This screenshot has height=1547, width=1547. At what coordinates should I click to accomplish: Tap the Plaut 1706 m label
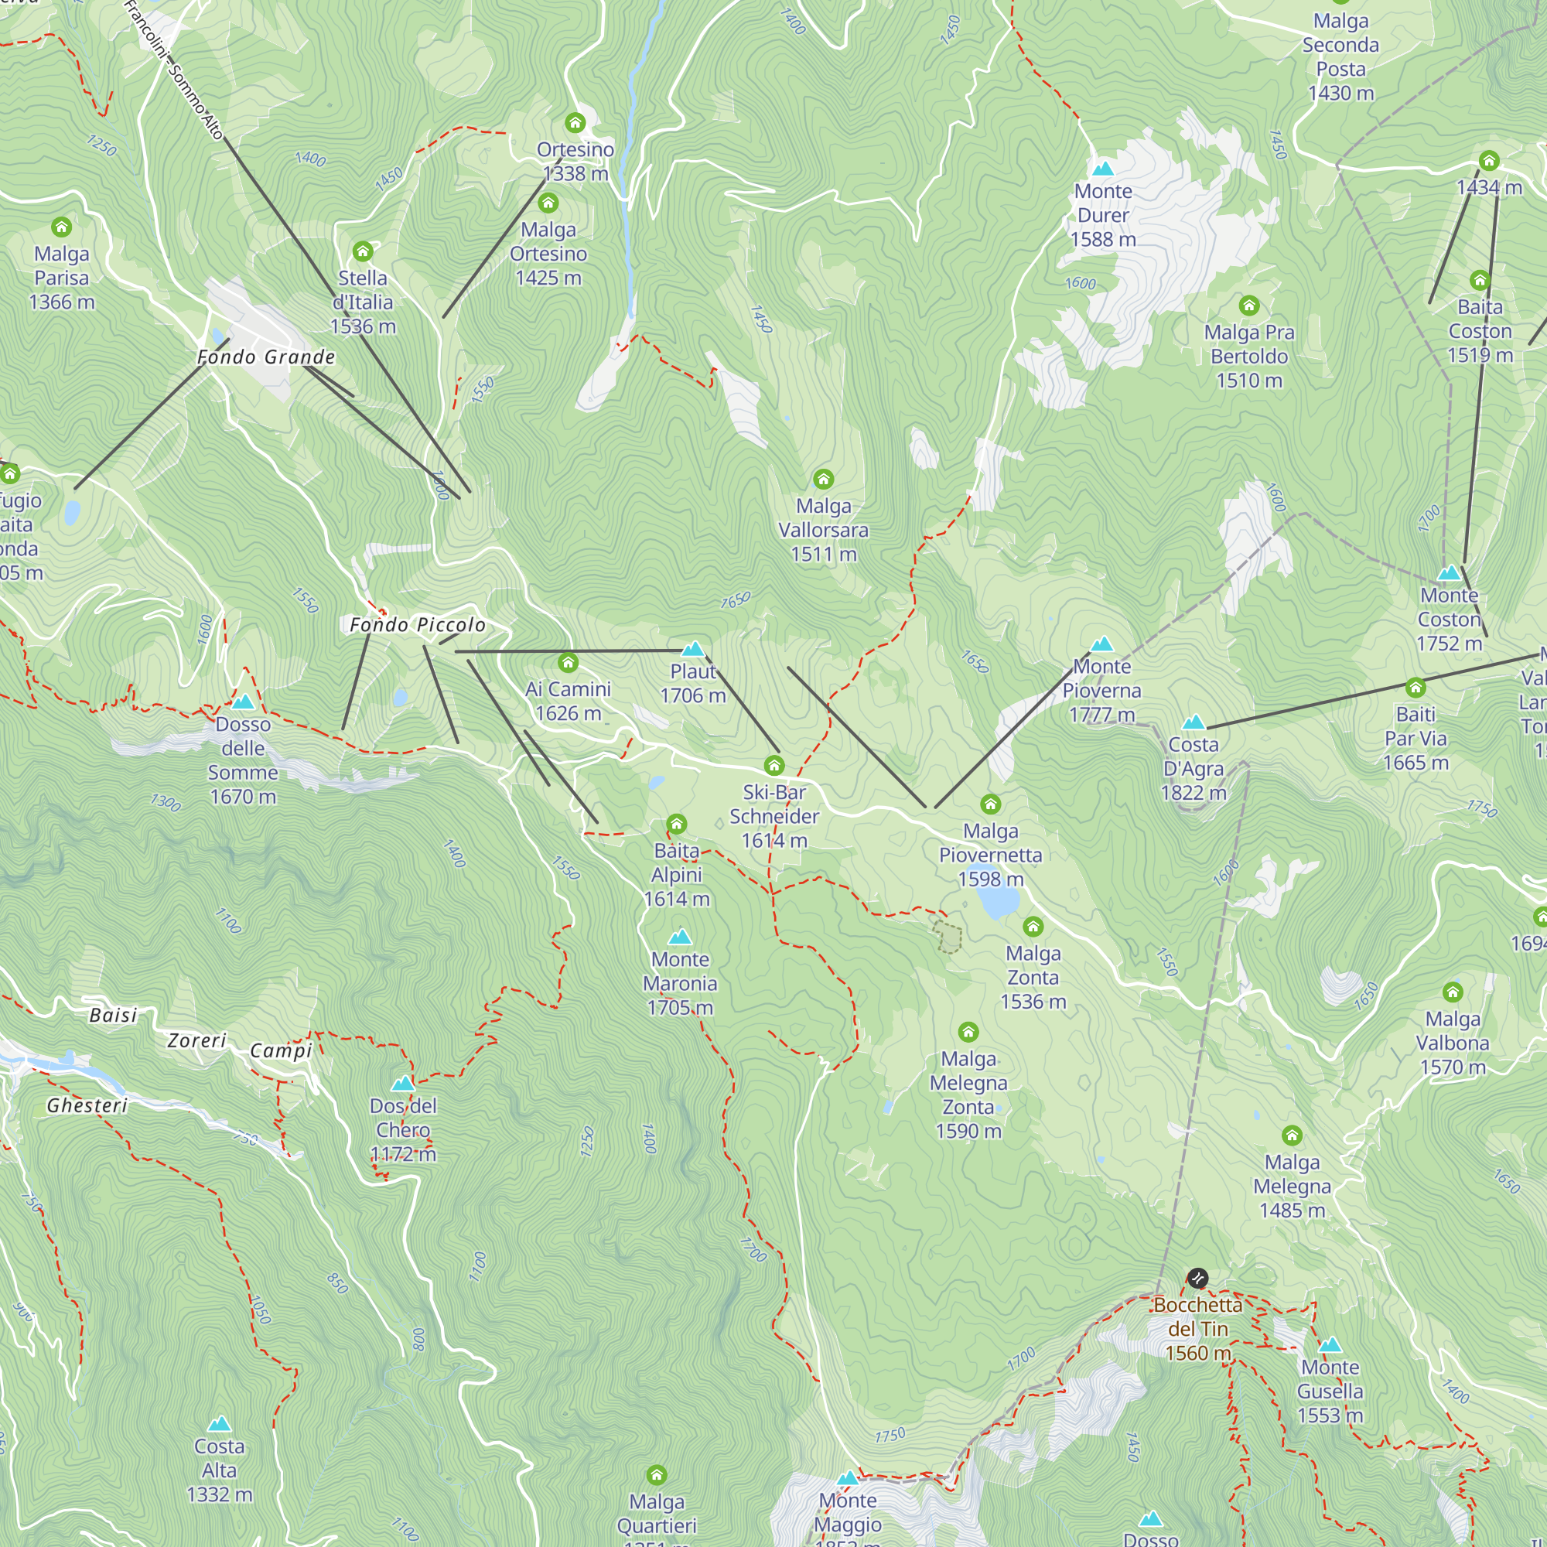[692, 683]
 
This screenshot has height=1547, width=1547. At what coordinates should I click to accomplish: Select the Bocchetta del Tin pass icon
[1197, 1278]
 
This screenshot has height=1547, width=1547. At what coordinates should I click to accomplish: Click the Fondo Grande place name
[266, 357]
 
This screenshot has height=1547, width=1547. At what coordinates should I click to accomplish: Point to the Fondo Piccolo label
[417, 625]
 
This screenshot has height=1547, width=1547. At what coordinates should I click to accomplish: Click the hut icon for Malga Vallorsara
[823, 480]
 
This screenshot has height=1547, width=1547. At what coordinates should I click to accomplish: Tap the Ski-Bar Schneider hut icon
[773, 766]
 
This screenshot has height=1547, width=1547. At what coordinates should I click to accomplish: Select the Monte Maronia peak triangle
[680, 937]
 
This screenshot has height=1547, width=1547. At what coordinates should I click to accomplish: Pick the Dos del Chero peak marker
[403, 1084]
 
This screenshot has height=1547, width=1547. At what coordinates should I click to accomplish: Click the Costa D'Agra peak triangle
[1193, 722]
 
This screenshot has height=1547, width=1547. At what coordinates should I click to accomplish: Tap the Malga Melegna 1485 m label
[1292, 1186]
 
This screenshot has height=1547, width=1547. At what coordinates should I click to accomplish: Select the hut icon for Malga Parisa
[62, 227]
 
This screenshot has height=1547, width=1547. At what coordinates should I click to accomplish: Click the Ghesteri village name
[87, 1106]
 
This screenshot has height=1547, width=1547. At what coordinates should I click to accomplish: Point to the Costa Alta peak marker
[220, 1425]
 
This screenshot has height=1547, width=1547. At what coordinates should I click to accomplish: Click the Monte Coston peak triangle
[1450, 573]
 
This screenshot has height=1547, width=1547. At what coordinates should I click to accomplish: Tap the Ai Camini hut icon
[568, 662]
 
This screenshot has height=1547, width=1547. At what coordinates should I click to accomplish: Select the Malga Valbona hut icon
[1453, 993]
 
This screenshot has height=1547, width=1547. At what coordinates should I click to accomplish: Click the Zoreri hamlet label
[197, 1040]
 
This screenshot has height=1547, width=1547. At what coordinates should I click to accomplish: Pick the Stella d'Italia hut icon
[363, 252]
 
